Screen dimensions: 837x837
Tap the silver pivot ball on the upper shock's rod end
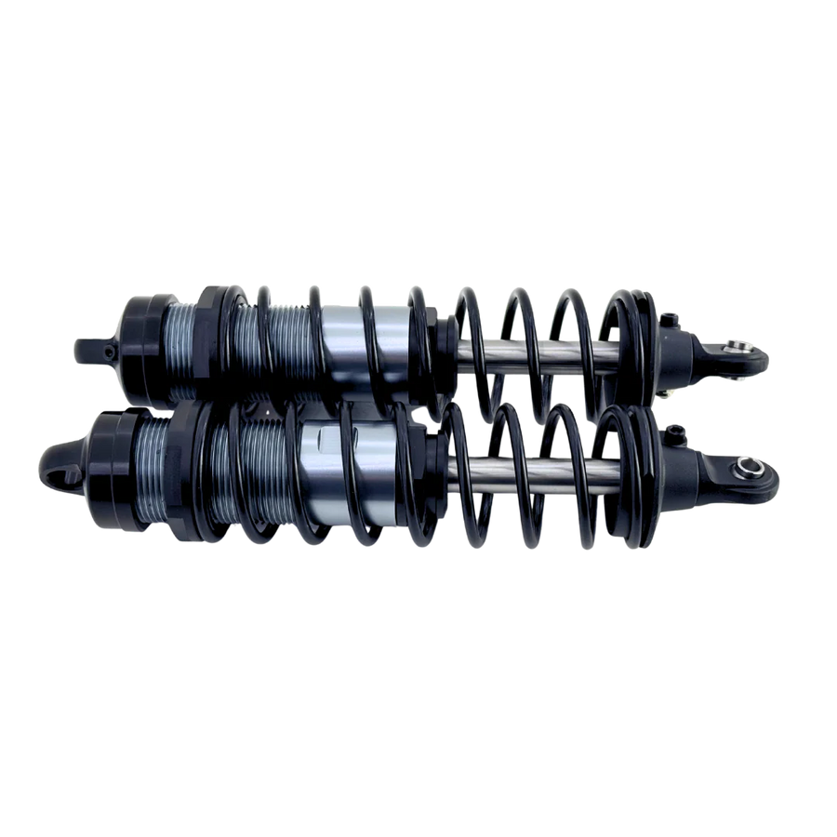click(737, 348)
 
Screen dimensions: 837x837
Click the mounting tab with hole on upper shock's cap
click(93, 347)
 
